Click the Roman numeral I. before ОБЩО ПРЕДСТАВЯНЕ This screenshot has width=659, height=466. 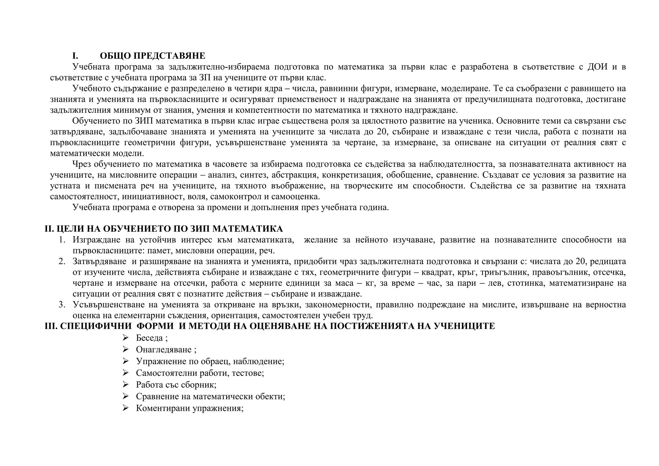75,56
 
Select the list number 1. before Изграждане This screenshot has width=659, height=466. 62,240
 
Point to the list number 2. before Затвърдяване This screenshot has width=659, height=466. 62,261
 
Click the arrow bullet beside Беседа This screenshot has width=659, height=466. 125,338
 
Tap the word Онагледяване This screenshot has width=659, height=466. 164,349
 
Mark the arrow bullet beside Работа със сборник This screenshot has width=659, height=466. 125,384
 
